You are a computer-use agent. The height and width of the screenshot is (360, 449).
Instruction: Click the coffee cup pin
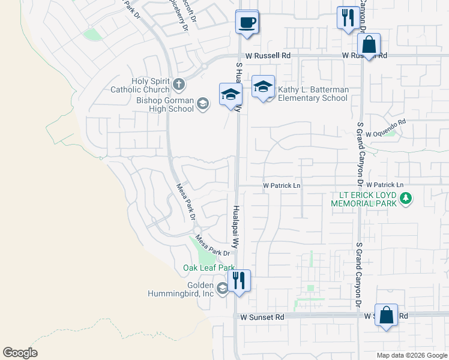247,22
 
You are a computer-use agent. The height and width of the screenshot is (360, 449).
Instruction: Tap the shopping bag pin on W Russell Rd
369,44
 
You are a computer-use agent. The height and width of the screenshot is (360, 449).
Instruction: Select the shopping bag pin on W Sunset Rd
386,314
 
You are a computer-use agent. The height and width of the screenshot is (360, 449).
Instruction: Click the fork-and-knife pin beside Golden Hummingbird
239,280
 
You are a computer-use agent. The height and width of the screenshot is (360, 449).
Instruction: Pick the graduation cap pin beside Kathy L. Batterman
263,87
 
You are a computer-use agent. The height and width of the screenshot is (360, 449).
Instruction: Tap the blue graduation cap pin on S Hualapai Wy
231,94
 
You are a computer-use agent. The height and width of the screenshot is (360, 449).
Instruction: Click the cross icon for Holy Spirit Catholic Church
178,83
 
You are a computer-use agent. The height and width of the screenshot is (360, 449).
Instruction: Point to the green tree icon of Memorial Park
406,197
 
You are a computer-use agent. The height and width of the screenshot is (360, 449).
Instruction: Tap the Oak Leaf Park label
208,268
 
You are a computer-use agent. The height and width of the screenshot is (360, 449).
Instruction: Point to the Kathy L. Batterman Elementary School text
312,94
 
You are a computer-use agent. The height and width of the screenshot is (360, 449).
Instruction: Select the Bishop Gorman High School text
165,104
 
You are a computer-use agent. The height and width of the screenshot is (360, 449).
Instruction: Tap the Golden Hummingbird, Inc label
181,289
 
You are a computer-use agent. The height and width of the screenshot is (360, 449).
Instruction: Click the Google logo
20,352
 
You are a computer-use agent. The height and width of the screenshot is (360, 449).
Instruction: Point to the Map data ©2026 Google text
412,355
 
